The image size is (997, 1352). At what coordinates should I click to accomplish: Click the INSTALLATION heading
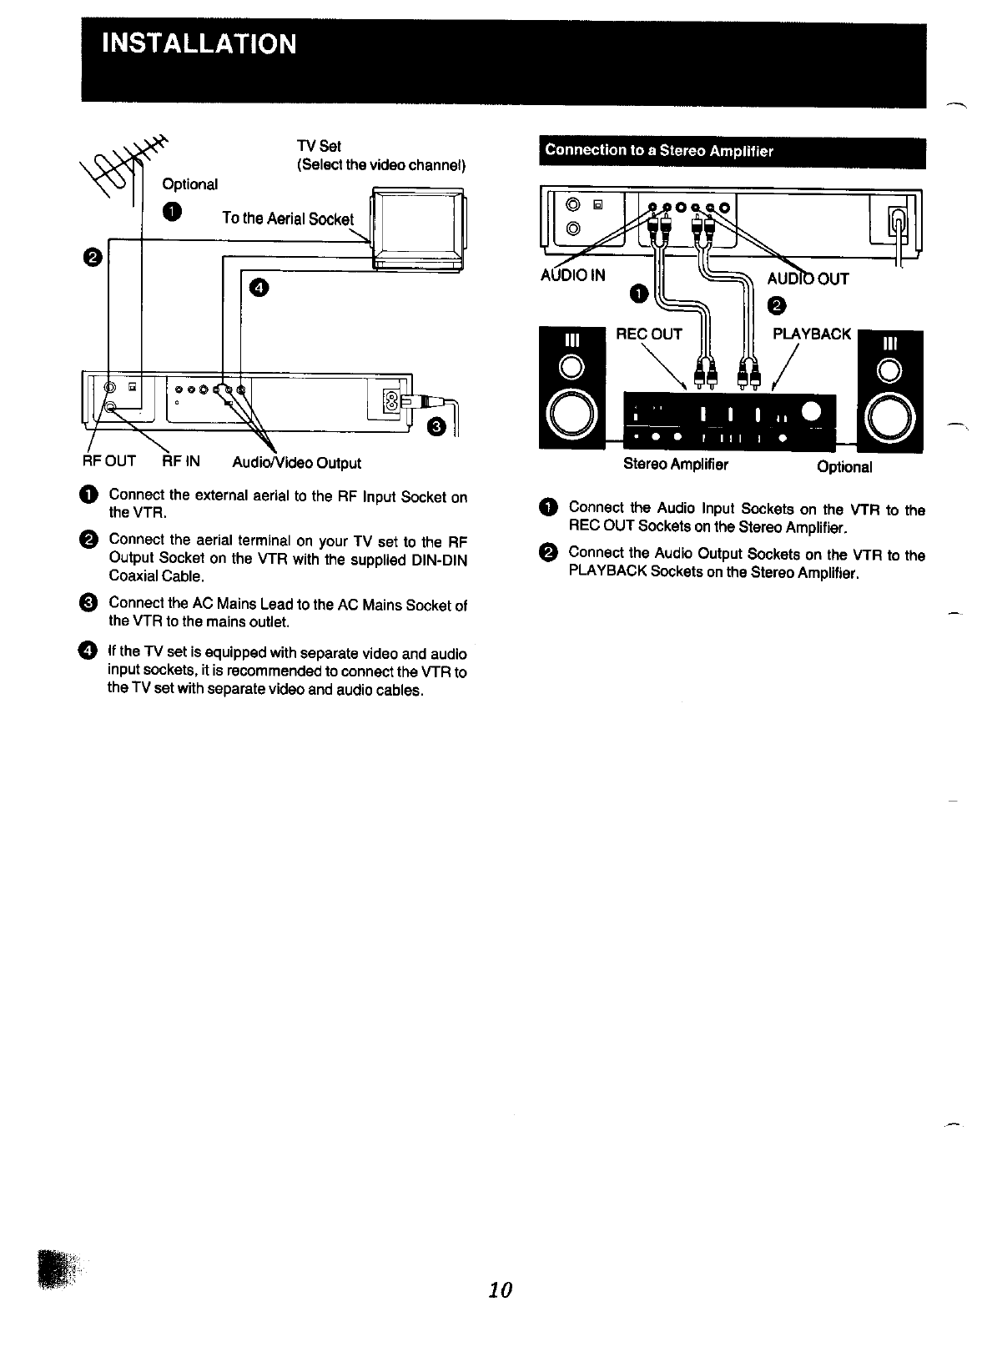tap(199, 43)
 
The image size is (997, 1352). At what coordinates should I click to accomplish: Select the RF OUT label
tap(108, 461)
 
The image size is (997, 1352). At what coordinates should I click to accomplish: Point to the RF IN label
tap(181, 461)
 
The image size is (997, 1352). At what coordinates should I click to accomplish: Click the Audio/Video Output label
tap(296, 463)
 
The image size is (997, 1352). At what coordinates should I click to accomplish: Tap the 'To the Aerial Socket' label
tap(287, 219)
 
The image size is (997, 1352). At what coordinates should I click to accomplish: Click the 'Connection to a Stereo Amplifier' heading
tap(659, 151)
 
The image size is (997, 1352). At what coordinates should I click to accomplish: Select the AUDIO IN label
tap(573, 275)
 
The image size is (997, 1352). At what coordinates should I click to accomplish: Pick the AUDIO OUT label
tap(808, 279)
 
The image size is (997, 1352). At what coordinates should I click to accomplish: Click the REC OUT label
tap(648, 334)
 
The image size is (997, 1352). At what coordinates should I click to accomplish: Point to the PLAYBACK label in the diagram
tap(812, 334)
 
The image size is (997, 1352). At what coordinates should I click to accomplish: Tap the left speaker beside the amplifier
tap(572, 389)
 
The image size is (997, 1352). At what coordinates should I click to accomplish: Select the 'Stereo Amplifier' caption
tap(676, 465)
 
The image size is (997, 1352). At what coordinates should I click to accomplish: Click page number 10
tap(500, 1289)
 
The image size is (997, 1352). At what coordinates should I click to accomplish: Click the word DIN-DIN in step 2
tap(439, 560)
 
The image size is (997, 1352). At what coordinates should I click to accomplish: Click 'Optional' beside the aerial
tap(190, 184)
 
